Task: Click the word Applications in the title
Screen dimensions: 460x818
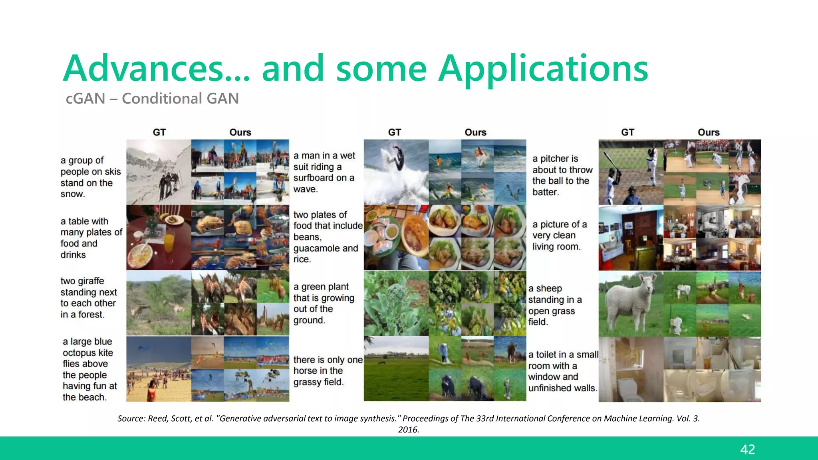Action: click(x=543, y=69)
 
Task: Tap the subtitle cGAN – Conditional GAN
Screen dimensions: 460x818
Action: click(x=152, y=99)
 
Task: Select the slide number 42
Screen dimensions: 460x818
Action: click(x=747, y=449)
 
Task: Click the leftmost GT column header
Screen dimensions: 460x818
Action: click(x=159, y=132)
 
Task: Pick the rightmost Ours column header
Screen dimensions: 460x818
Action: click(x=708, y=132)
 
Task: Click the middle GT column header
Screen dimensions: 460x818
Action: click(x=394, y=132)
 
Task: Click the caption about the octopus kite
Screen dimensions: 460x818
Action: click(x=89, y=369)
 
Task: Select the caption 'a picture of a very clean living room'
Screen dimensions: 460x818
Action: click(x=559, y=236)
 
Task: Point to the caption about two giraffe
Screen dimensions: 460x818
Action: click(x=88, y=297)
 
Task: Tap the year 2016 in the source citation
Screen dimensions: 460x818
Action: click(x=408, y=430)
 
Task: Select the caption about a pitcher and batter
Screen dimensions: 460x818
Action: click(x=562, y=175)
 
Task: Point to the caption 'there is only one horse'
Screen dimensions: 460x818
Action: click(x=328, y=371)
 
